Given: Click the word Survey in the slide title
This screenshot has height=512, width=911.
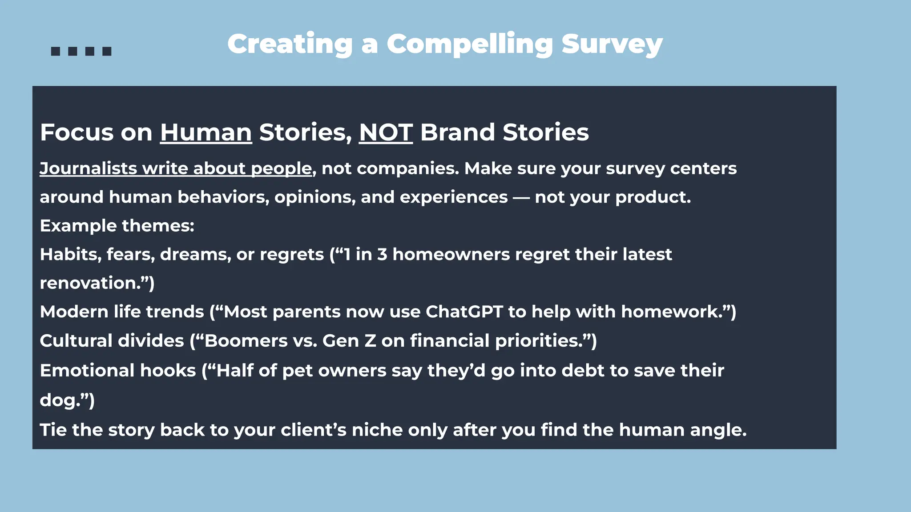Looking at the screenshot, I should click(612, 44).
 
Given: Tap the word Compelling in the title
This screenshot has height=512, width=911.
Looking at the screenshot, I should click(469, 44).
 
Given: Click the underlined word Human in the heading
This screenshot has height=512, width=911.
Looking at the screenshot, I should click(206, 132).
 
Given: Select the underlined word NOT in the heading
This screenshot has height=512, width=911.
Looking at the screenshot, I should click(386, 132).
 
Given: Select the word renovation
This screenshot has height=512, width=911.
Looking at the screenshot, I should click(89, 283).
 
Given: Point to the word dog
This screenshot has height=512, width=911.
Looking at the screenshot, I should click(56, 400).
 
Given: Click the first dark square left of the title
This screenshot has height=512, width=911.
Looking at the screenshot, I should click(56, 51).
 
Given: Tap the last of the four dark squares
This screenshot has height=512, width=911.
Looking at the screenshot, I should click(107, 51).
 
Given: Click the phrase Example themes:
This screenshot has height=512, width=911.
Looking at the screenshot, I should click(117, 226).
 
